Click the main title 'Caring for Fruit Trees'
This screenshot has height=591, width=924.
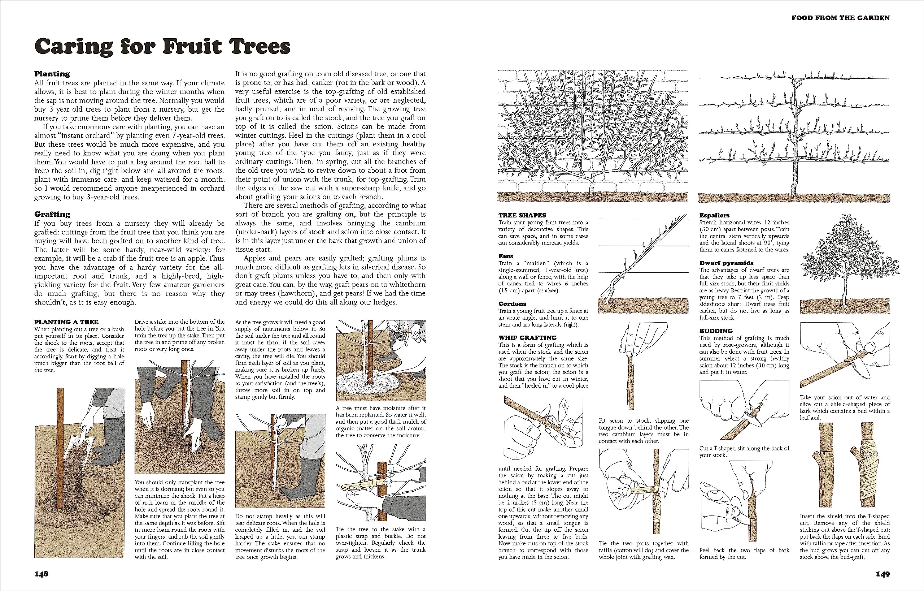[162, 47]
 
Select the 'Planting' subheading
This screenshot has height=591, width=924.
[52, 74]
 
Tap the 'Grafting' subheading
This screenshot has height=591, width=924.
[52, 214]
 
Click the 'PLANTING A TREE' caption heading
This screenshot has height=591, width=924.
[66, 322]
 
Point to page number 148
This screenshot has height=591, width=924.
[41, 574]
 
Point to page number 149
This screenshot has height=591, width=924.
[882, 574]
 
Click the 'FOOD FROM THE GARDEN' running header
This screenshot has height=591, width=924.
[840, 18]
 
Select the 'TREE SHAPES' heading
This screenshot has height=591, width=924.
[522, 215]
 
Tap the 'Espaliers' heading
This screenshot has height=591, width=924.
[714, 215]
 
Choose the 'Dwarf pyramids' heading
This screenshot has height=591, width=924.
[726, 263]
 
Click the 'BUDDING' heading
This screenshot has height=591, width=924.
[716, 331]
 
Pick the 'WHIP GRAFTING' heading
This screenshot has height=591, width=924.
[527, 337]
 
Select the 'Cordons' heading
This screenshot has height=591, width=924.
[512, 304]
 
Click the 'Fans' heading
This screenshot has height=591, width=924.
[506, 256]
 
